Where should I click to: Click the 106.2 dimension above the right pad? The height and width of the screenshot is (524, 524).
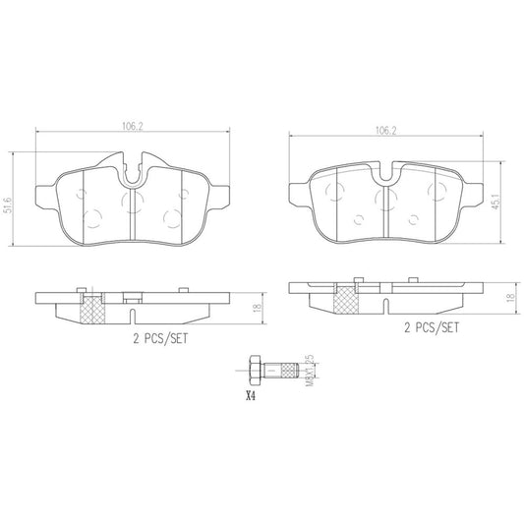pos(385,127)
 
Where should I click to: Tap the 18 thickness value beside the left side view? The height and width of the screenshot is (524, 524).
pos(257,309)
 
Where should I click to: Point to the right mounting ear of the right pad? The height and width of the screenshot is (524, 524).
pos(476,195)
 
